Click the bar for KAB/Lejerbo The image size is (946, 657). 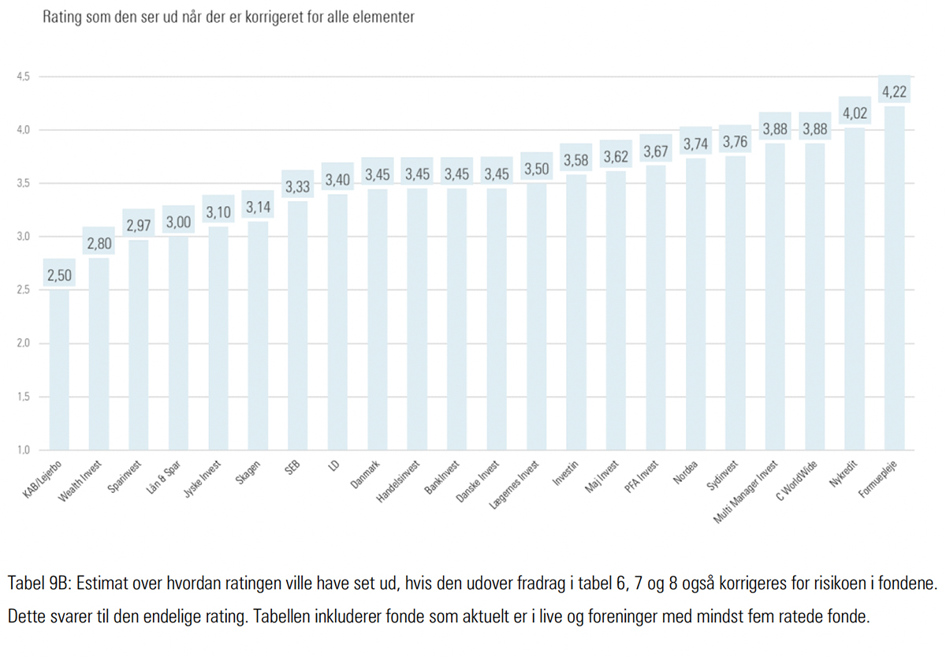coord(59,371)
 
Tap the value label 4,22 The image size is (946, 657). coord(894,92)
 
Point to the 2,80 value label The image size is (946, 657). coord(99,245)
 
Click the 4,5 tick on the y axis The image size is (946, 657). coord(22,77)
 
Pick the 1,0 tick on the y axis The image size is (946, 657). coord(22,450)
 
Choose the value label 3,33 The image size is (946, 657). coord(298,188)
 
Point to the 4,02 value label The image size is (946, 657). coord(855,114)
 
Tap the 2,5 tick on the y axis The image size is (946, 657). coord(22,290)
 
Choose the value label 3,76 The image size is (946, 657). coord(735,143)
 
